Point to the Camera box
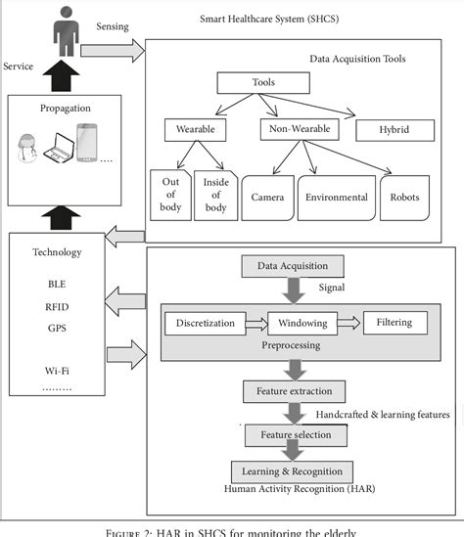click(267, 197)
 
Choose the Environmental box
click(336, 197)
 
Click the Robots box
click(404, 197)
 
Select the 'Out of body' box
click(169, 196)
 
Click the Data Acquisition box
click(294, 265)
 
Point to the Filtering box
click(394, 323)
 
